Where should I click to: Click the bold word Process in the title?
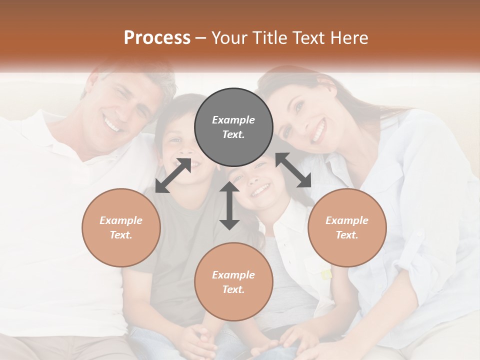pyautogui.click(x=157, y=38)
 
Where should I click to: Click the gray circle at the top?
pyautogui.click(x=233, y=127)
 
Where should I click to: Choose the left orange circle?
pyautogui.click(x=121, y=227)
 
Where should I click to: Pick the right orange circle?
pyautogui.click(x=347, y=227)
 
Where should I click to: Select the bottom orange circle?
pyautogui.click(x=233, y=282)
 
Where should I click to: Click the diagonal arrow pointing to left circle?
pyautogui.click(x=173, y=175)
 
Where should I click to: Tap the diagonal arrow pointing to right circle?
pyautogui.click(x=293, y=170)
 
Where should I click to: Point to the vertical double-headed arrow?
pyautogui.click(x=229, y=205)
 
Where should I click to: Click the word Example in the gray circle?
pyautogui.click(x=233, y=120)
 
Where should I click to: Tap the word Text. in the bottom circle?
pyautogui.click(x=233, y=289)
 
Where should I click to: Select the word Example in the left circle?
pyautogui.click(x=121, y=220)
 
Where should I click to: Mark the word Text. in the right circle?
pyautogui.click(x=347, y=235)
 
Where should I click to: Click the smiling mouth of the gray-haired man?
pyautogui.click(x=113, y=123)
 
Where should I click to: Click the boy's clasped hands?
pyautogui.click(x=198, y=340)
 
